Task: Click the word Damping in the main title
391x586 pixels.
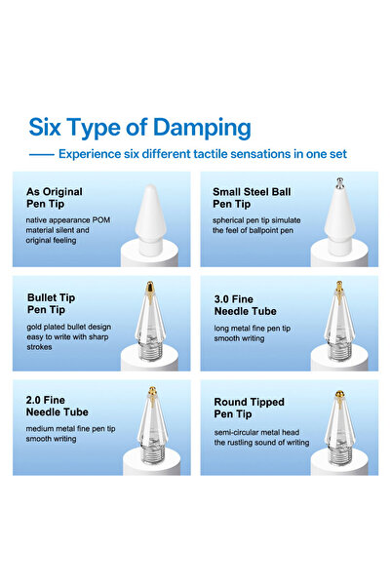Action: pos(202,129)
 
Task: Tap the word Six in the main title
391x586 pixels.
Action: pos(45,127)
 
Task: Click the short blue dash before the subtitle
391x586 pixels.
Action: pos(42,154)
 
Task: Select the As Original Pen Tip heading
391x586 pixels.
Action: pos(55,198)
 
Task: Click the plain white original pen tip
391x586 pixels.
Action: pos(150,219)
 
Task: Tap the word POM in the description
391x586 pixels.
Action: pos(101,220)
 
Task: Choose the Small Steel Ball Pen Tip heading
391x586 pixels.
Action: pos(252,198)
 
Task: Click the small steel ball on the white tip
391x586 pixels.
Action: pos(339,181)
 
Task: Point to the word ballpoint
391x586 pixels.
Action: pos(265,230)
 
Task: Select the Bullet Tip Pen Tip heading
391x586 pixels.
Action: pos(52,303)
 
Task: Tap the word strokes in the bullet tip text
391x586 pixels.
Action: pos(39,347)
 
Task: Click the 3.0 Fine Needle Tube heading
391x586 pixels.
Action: pos(245,305)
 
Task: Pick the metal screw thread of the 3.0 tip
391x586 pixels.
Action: pos(339,351)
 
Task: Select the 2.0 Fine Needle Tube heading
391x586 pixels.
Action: pos(58,406)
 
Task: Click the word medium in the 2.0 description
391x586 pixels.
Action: pos(39,429)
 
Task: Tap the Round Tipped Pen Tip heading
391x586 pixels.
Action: pos(249,409)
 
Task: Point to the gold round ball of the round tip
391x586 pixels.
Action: pos(339,394)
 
